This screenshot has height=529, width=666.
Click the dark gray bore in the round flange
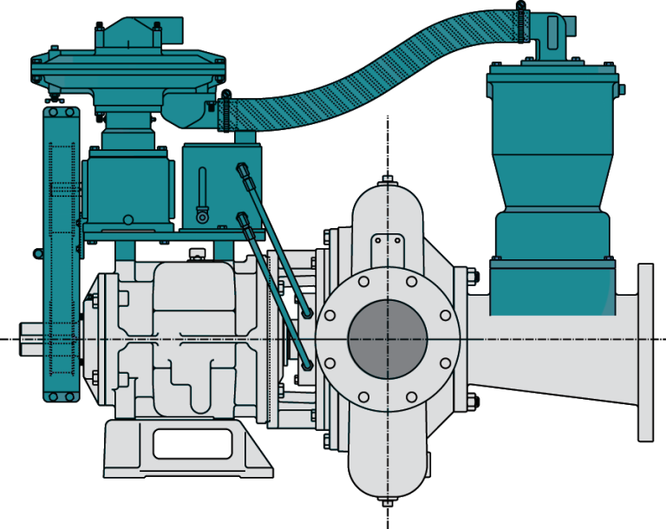coord(388,339)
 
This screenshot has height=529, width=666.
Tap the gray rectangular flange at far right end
coord(645,352)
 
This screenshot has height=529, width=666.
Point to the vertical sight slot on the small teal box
coord(202,192)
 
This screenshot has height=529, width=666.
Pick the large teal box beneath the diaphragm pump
coord(127,186)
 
